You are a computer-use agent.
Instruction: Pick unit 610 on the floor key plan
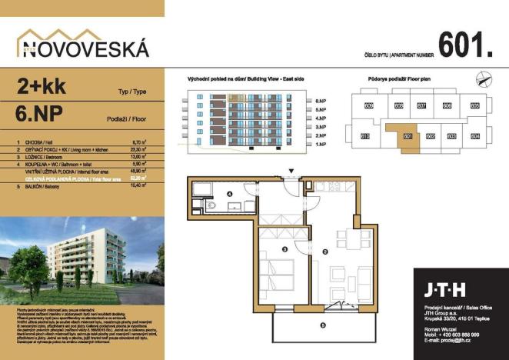365,136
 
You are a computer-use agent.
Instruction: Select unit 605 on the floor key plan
475,105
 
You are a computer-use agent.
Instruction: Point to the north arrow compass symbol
482,77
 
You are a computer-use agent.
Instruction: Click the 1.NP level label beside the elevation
321,144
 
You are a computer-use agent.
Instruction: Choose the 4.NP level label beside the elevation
321,118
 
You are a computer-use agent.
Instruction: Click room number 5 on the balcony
322,325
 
